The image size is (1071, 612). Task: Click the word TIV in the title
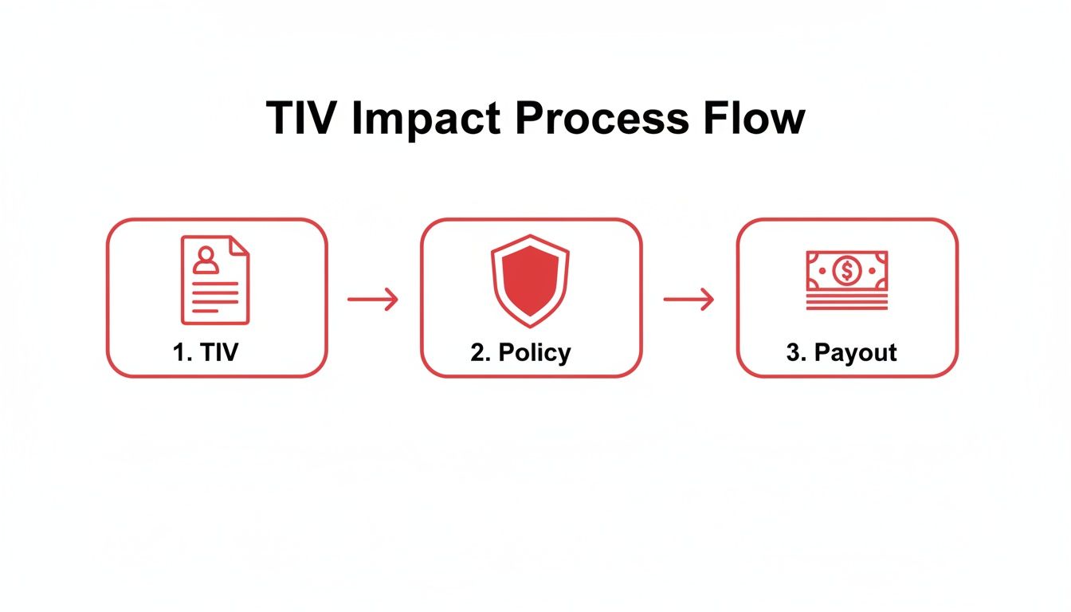[x=299, y=118]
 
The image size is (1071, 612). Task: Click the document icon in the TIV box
[x=215, y=280]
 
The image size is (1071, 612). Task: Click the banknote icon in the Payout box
[x=846, y=272]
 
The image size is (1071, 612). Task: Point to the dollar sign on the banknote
[x=846, y=272]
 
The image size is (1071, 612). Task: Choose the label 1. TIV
[x=206, y=352]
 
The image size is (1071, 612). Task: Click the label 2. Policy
[x=520, y=353]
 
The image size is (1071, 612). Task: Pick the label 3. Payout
[x=841, y=353]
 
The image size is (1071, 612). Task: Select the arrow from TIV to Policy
[x=373, y=300]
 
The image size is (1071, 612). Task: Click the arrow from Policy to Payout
[x=688, y=300]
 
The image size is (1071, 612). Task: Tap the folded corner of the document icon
[x=239, y=245]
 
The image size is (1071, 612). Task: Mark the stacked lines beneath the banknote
[x=846, y=302]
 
